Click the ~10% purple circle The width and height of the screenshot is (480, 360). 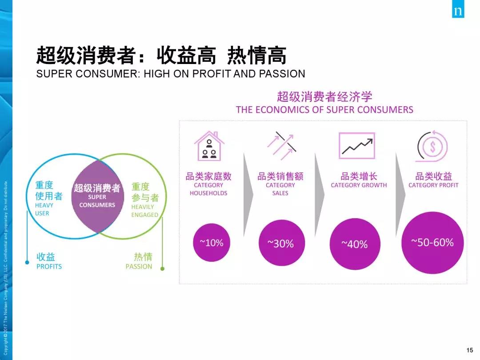pos(212,243)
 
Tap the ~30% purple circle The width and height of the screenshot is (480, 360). pos(282,243)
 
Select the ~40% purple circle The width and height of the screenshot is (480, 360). pos(355,244)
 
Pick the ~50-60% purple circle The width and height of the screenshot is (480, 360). pos(432,243)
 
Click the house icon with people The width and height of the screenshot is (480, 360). pos(209,146)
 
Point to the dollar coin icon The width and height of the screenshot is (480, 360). pos(432,146)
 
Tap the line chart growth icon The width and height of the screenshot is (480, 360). pos(357,146)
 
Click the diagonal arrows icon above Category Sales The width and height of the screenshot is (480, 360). pos(281,146)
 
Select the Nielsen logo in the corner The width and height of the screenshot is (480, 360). pos(458,9)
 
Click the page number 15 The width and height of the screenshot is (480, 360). pos(470,350)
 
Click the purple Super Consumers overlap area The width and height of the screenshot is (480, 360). pos(98,196)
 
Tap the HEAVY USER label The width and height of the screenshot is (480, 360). pos(44,209)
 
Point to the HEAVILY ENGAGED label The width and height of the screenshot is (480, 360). pos(144,211)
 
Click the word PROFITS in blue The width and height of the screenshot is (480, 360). pos(49,267)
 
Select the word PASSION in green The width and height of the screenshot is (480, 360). pos(139,267)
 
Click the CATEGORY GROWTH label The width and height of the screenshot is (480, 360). pos(359,185)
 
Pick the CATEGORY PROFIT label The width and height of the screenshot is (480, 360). pos(433,185)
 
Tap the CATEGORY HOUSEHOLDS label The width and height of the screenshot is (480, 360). pos(208,189)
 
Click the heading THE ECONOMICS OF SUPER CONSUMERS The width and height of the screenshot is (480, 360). pos(324,110)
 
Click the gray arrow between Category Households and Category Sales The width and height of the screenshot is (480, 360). pos(248,195)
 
